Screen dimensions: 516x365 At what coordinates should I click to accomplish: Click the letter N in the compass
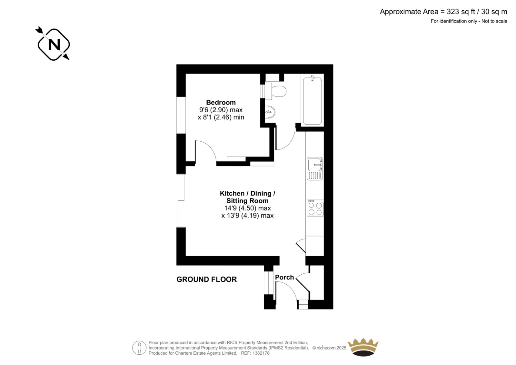point(54,45)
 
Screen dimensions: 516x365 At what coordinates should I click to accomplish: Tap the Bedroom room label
point(221,102)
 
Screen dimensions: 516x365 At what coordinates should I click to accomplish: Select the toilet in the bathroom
point(275,91)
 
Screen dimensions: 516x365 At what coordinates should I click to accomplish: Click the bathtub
point(313,101)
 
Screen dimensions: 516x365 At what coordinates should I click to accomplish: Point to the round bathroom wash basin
point(270,112)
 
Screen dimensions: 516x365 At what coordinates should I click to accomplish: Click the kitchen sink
point(315,168)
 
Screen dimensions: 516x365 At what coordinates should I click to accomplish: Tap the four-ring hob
point(315,208)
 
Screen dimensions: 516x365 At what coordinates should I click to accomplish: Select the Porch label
point(284,277)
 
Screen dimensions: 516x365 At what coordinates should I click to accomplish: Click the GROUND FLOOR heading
point(206,279)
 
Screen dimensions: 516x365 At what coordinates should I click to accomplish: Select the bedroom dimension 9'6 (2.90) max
point(221,110)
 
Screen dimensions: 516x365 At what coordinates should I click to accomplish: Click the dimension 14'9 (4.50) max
point(247,208)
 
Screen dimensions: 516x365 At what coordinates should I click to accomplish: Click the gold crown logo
point(363,347)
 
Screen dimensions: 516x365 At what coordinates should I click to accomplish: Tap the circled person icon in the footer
point(139,348)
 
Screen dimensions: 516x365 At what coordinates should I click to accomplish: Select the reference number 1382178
point(261,353)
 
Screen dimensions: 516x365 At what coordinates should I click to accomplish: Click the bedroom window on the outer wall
point(181,115)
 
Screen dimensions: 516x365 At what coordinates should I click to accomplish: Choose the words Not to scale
point(494,21)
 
